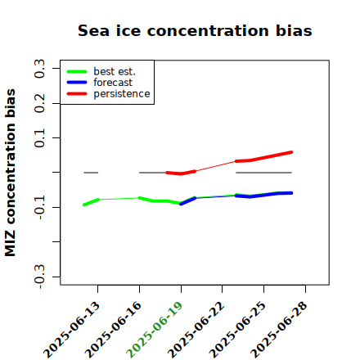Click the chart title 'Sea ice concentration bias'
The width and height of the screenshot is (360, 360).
pos(195,30)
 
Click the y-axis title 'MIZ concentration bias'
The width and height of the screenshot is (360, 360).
pos(11,173)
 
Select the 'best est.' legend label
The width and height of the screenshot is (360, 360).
pos(115,71)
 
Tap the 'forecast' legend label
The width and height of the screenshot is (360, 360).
pos(113,83)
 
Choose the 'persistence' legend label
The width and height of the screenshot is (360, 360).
pos(122,94)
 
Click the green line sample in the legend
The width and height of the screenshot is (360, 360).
pos(77,72)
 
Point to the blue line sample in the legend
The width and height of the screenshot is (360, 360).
pos(77,83)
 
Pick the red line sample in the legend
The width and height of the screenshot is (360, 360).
pos(77,94)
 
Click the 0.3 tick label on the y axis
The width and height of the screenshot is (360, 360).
pos(40,69)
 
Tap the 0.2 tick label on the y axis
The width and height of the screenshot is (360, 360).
pos(40,103)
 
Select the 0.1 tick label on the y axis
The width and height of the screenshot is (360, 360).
pos(40,138)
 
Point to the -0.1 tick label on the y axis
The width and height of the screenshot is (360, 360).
pos(40,208)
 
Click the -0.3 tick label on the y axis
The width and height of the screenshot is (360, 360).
pos(40,277)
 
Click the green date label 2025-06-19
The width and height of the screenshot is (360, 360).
pos(155,330)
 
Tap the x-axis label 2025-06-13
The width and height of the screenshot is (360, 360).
pos(71,330)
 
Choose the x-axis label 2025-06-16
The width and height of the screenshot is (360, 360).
pos(113,330)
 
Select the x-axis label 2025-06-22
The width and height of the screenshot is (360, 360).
pos(196,330)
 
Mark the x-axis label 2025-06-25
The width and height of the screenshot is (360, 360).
pos(237,330)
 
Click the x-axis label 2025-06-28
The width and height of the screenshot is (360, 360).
pos(279,330)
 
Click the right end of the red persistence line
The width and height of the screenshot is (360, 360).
pos(291,152)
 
